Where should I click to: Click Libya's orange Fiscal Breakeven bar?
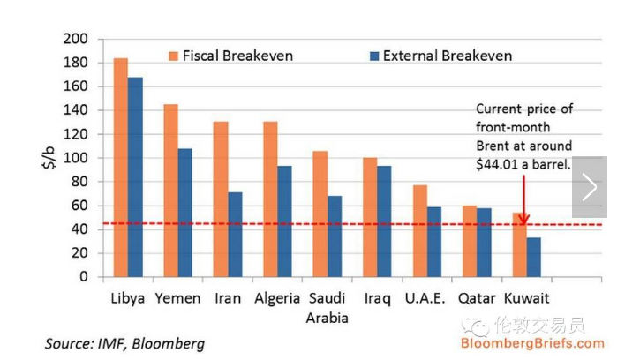(121, 168)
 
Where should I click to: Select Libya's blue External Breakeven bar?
(135, 176)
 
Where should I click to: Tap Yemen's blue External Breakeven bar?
(184, 212)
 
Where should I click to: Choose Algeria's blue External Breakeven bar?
(284, 221)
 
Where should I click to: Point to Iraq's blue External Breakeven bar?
(384, 221)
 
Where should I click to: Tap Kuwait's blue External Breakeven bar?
(533, 257)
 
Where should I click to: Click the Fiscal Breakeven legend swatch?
(174, 56)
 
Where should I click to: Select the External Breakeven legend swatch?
(373, 56)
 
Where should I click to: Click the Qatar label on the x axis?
(477, 298)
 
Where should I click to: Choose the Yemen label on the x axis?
(177, 298)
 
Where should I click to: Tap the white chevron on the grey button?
(590, 187)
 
